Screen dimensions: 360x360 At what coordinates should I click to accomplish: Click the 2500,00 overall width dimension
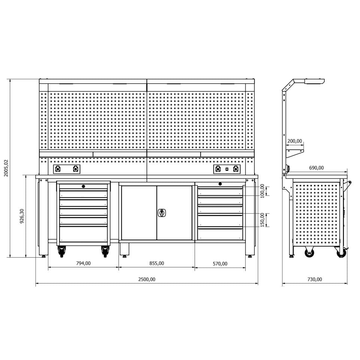point(147,279)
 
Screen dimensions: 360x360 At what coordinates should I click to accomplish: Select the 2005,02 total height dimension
point(6,168)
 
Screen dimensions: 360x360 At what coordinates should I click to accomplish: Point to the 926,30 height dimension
point(22,216)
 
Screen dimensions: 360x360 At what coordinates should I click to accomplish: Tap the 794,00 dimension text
point(83,263)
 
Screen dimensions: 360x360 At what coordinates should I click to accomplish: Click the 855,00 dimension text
point(156,263)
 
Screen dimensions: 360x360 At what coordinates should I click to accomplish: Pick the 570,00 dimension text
point(220,264)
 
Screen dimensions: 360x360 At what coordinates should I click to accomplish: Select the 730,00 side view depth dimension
point(315,279)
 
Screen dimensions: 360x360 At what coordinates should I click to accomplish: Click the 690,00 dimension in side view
point(316,168)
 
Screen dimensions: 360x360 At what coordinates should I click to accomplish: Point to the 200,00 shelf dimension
point(294,141)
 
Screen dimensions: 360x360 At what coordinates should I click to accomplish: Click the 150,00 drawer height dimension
point(262,220)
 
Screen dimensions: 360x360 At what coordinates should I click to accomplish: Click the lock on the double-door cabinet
point(161,213)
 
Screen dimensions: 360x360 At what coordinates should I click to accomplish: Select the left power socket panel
point(67,169)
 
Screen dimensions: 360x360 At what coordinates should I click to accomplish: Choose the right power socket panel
point(227,169)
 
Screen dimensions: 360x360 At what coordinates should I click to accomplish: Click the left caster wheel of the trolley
point(61,251)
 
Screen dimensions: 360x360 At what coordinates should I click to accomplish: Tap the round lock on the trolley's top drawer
point(83,186)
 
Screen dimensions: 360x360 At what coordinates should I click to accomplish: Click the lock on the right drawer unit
point(220,184)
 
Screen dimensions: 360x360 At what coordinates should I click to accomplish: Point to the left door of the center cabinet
point(139,213)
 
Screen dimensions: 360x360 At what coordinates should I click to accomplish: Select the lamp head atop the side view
point(314,81)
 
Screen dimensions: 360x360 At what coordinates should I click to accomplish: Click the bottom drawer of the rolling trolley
point(83,234)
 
